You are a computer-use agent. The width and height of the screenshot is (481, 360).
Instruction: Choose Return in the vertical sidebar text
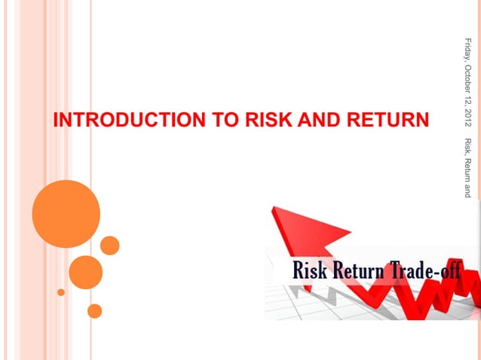(468, 171)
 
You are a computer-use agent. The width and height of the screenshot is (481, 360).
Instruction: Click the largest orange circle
(66, 213)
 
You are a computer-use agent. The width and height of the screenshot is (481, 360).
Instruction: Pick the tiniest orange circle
(61, 292)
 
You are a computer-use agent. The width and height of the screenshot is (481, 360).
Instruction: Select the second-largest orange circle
(85, 272)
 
